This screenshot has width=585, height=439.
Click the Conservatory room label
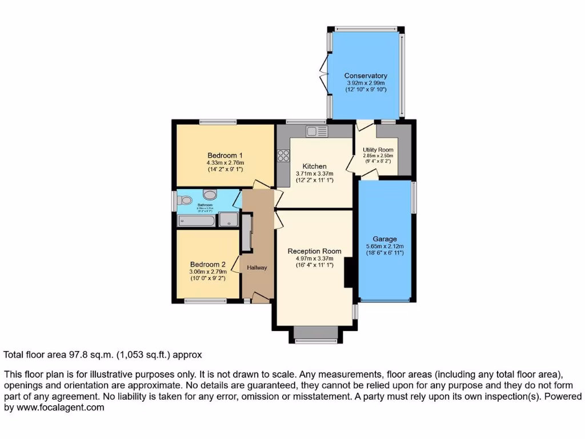pos(366,75)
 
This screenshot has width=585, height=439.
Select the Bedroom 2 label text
pos(208,264)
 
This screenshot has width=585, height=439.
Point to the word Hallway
pos(257,268)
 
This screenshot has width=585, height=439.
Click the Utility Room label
pos(378,150)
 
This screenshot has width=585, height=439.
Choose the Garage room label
pos(384,239)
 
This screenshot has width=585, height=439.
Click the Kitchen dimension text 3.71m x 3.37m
pos(314,174)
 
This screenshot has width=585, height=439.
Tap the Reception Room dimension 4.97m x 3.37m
pos(314,258)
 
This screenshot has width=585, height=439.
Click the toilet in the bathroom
pos(184,201)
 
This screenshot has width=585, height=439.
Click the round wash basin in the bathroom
pos(209,194)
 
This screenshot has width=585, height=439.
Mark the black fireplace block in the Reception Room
pos(348,273)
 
